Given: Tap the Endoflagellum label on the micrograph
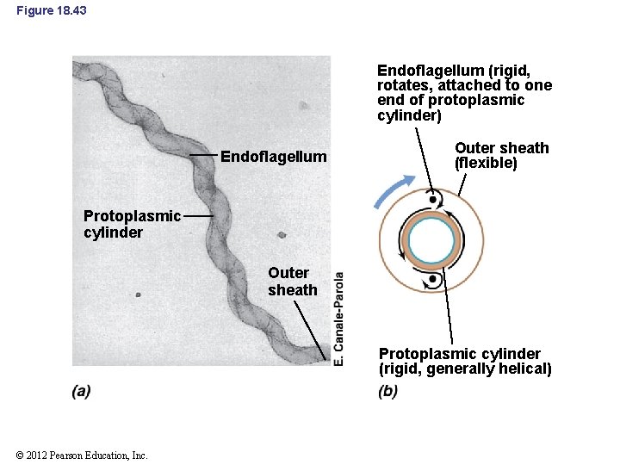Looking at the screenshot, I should (x=274, y=157).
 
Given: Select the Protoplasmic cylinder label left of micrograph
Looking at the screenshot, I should (x=132, y=224).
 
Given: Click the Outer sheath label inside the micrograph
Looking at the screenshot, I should (x=292, y=282).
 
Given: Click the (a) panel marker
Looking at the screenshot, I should (x=82, y=391).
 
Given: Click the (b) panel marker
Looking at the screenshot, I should (x=387, y=391).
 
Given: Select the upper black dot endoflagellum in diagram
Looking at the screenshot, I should (x=432, y=200).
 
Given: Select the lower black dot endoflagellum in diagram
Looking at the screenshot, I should (x=432, y=279).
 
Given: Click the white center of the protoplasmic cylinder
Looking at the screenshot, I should (x=431, y=240).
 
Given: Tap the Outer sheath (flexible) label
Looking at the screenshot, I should (x=501, y=156).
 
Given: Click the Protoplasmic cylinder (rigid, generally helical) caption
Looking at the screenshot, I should (x=465, y=362).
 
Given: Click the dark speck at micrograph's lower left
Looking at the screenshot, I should (x=139, y=294).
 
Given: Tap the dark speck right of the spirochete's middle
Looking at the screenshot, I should (x=282, y=234).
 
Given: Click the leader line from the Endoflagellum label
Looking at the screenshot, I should (x=203, y=155).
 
